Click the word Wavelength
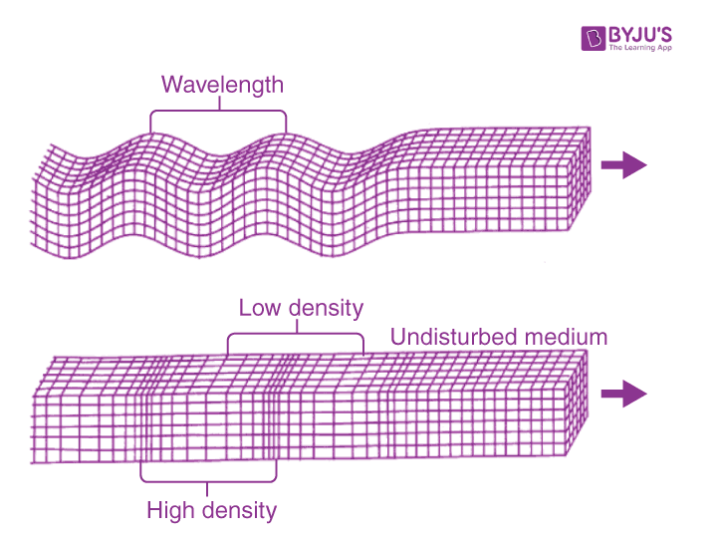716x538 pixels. tap(222, 85)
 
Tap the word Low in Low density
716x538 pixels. tap(259, 308)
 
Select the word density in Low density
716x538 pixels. tap(326, 309)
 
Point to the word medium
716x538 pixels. tap(566, 337)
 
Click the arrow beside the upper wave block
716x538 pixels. tap(623, 164)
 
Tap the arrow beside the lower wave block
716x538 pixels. tap(623, 394)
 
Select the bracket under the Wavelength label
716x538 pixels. tap(219, 111)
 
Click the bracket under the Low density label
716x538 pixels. tap(297, 334)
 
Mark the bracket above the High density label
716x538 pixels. tap(208, 481)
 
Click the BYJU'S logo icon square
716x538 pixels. tap(594, 39)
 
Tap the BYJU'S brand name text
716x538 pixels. tap(640, 35)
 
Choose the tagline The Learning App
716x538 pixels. tap(640, 48)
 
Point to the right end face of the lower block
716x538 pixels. tap(578, 403)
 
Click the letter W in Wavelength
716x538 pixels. tap(171, 84)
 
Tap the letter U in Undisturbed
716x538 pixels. tap(398, 337)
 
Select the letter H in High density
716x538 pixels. tap(154, 510)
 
